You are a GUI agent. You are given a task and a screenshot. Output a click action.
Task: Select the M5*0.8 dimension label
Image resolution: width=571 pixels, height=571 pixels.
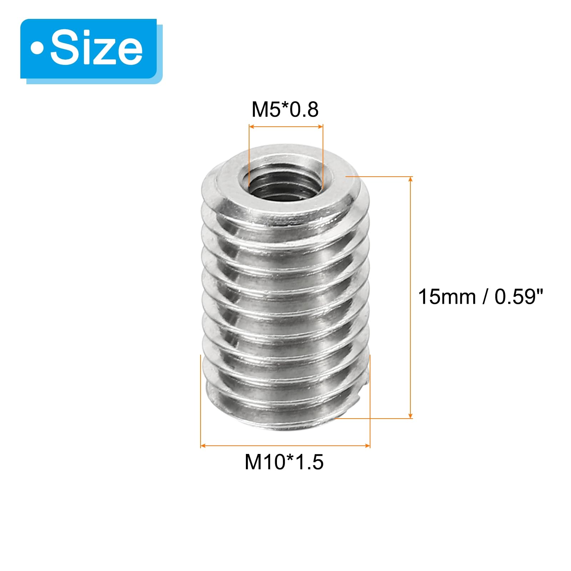tap(285, 109)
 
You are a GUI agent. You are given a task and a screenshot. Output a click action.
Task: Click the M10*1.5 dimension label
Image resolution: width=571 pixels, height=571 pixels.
tap(284, 462)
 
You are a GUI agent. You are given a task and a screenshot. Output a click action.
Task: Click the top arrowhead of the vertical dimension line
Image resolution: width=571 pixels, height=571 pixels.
tap(410, 179)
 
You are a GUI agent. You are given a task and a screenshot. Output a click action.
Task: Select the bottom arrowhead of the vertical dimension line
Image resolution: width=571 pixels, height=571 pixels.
tap(410, 415)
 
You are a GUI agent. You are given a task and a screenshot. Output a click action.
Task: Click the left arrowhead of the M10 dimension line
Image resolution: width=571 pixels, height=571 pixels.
tap(203, 446)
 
